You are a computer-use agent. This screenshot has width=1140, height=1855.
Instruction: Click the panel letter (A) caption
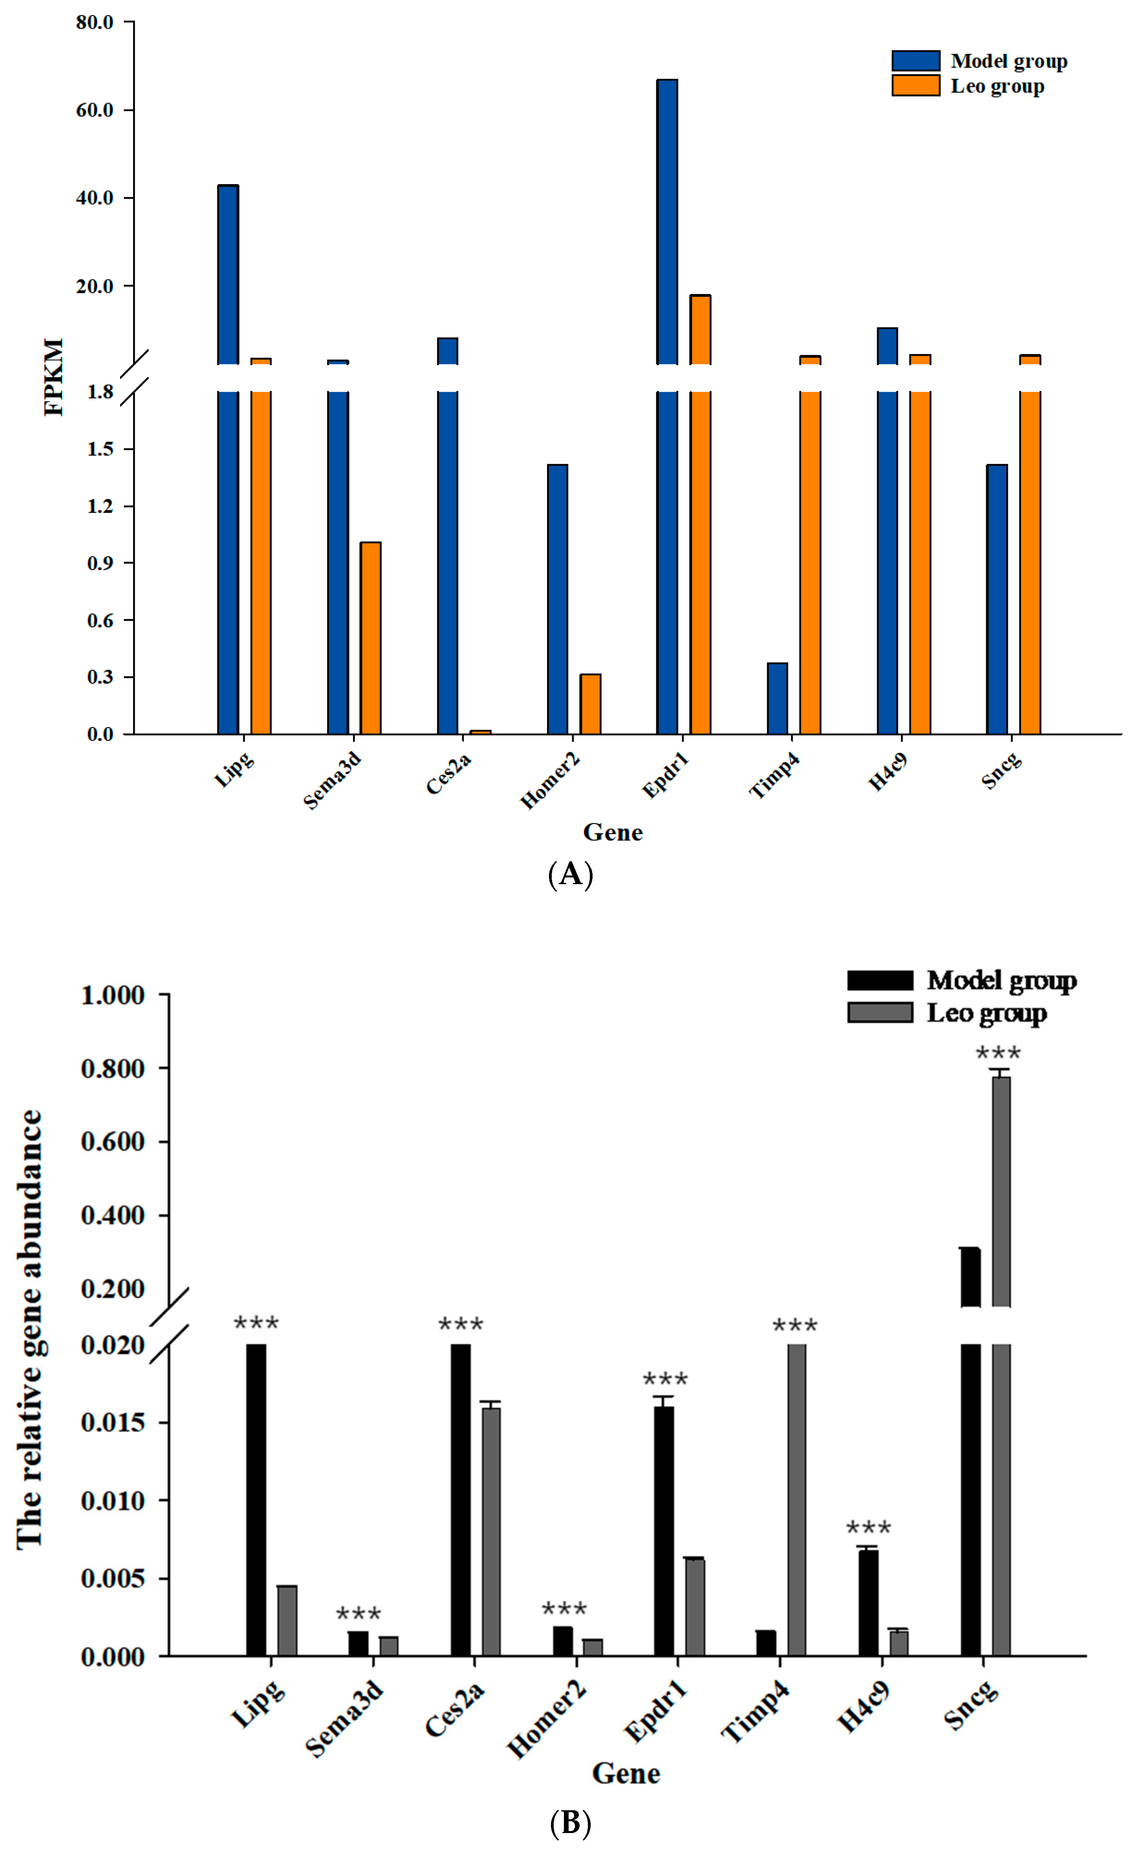(570, 874)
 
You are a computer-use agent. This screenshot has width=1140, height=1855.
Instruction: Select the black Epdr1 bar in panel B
(664, 1530)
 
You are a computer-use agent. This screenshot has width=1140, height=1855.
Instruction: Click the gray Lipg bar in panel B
(287, 1621)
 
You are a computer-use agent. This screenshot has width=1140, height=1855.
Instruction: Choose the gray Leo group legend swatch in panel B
(880, 1012)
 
